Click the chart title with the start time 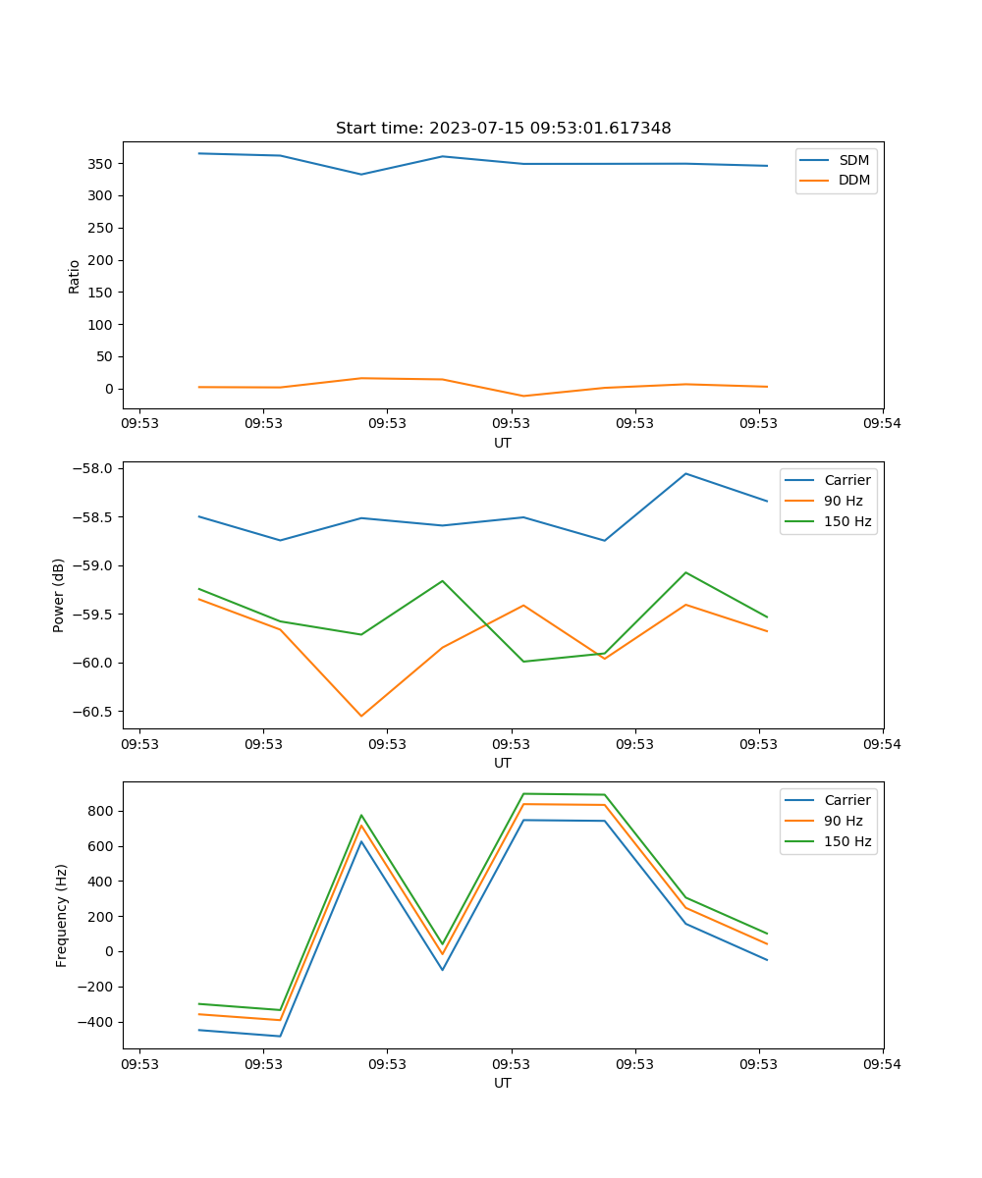503,129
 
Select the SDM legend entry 853,160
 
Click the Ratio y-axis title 75,277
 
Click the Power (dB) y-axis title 59,595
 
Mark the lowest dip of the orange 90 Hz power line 361,716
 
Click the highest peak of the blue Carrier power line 685,473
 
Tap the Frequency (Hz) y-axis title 62,915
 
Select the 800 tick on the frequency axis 101,811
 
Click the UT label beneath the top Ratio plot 503,443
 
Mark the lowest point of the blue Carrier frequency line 280,1036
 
